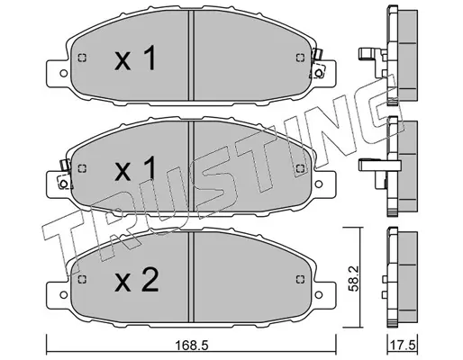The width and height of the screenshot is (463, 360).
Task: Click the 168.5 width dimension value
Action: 192,346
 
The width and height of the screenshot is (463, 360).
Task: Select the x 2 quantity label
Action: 137,280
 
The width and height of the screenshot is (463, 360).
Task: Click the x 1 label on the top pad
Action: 135,58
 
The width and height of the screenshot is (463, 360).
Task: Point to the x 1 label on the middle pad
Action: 135,168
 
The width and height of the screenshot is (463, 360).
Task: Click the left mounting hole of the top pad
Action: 63,73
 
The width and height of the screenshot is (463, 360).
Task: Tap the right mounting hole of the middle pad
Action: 319,184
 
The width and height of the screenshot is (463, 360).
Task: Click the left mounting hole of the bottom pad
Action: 63,294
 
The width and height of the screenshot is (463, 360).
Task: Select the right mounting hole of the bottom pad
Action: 319,294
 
